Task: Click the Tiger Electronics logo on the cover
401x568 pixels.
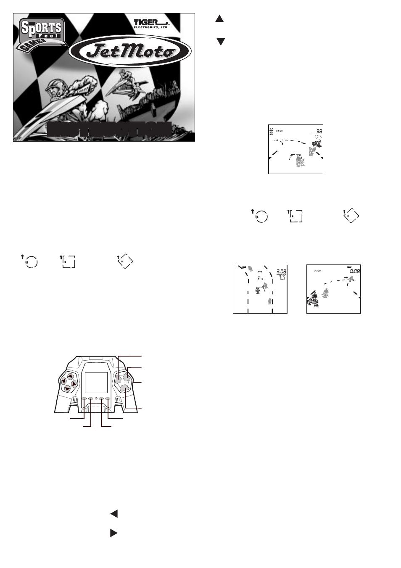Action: [x=151, y=24]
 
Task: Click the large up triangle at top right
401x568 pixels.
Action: [x=219, y=19]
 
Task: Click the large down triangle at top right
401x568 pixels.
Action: [x=220, y=42]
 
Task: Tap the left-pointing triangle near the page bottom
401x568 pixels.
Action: [x=113, y=513]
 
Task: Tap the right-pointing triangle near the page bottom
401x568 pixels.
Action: [x=113, y=533]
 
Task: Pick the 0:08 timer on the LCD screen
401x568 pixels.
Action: [x=355, y=271]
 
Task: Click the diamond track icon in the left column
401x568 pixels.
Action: [x=125, y=262]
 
